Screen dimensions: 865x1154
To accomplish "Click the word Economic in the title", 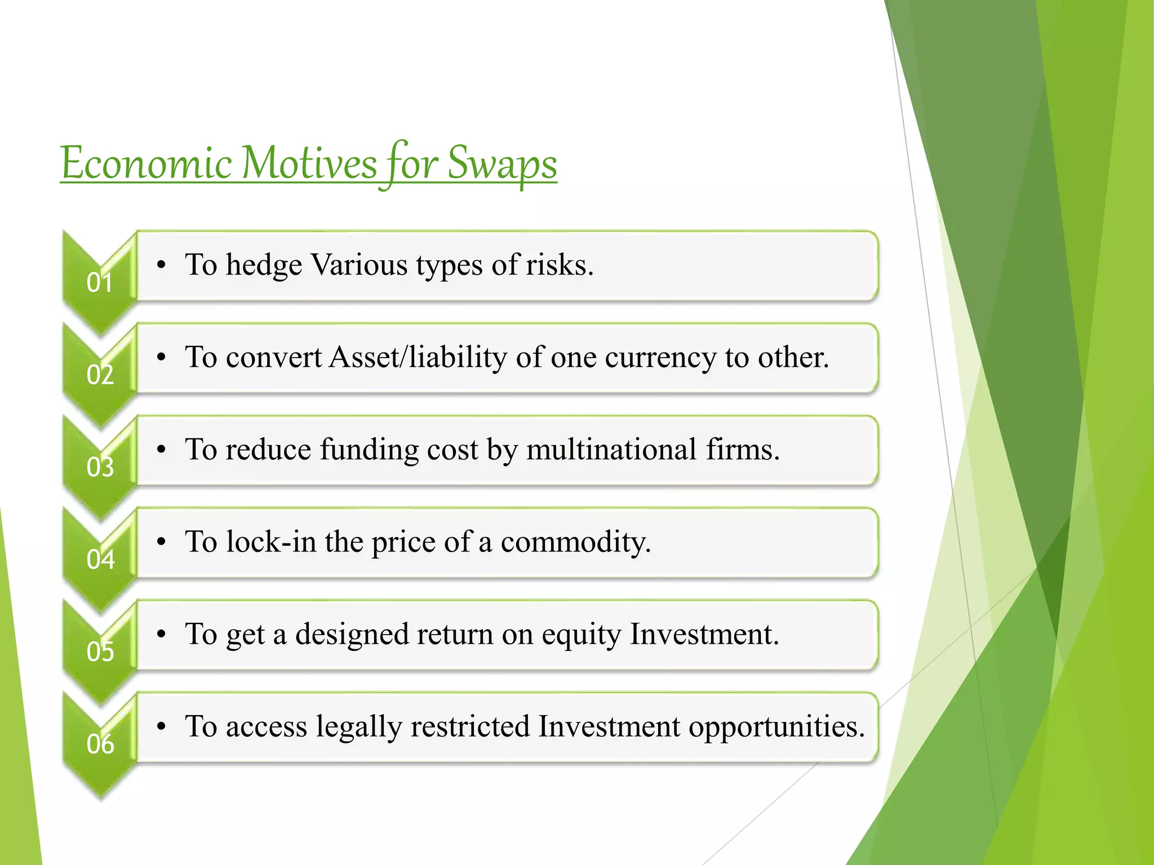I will (x=146, y=163).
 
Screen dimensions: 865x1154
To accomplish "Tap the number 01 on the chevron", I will (x=100, y=282).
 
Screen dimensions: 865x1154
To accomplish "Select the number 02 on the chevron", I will (x=100, y=374).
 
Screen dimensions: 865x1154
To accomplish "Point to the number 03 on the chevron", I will (x=100, y=467).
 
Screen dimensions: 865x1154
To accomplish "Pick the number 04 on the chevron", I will (x=100, y=559).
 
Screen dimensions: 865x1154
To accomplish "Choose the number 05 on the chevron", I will (x=100, y=652).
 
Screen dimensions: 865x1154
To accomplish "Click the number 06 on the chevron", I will (x=100, y=744).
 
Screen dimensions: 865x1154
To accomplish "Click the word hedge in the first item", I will (x=264, y=265).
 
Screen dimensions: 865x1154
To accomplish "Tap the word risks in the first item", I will (x=559, y=265).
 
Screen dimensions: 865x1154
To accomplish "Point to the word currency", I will (x=660, y=357).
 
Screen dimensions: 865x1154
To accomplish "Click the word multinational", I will (x=611, y=449).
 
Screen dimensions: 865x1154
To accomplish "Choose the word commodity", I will (x=575, y=542).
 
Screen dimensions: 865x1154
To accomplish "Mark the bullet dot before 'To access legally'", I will (x=162, y=727).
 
